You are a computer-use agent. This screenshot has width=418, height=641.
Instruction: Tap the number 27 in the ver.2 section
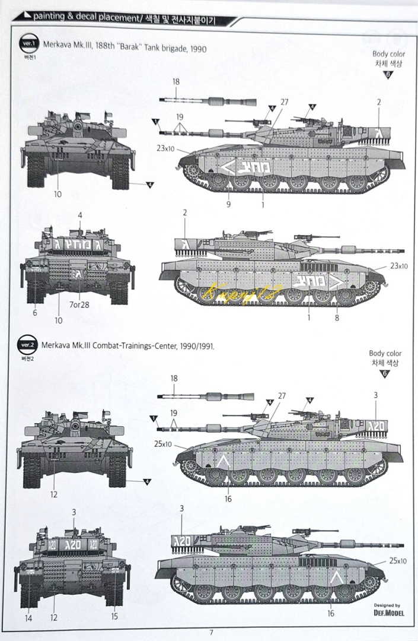pyautogui.click(x=282, y=395)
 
